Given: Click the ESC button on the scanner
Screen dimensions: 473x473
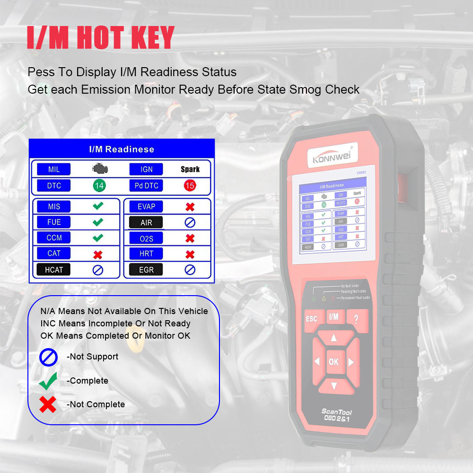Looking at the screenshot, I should [x=311, y=319].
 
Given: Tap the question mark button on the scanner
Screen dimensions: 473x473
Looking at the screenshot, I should [x=356, y=318].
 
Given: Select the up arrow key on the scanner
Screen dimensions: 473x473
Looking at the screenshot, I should [x=333, y=338].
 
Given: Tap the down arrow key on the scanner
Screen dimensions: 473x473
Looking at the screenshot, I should [x=333, y=385].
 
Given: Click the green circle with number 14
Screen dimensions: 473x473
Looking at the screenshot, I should [x=99, y=185].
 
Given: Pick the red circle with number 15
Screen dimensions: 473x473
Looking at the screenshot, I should [x=190, y=185].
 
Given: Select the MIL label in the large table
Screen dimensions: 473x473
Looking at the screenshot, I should [x=54, y=169].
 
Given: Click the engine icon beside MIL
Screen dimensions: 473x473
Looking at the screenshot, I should [x=99, y=169].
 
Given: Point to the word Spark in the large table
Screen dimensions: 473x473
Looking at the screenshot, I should [x=190, y=169].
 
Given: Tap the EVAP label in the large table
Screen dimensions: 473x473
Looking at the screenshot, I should [x=146, y=207].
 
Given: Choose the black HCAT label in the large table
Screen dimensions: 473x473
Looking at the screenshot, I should [x=54, y=270].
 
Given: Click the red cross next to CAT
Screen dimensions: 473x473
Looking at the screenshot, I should [x=98, y=254].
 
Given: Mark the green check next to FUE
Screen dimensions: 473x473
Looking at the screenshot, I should [x=98, y=222].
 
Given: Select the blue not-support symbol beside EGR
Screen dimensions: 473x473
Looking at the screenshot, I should [x=190, y=270].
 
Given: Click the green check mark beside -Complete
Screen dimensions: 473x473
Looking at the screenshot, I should [x=48, y=380].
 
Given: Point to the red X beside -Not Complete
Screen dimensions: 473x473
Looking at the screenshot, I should [x=48, y=404].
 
